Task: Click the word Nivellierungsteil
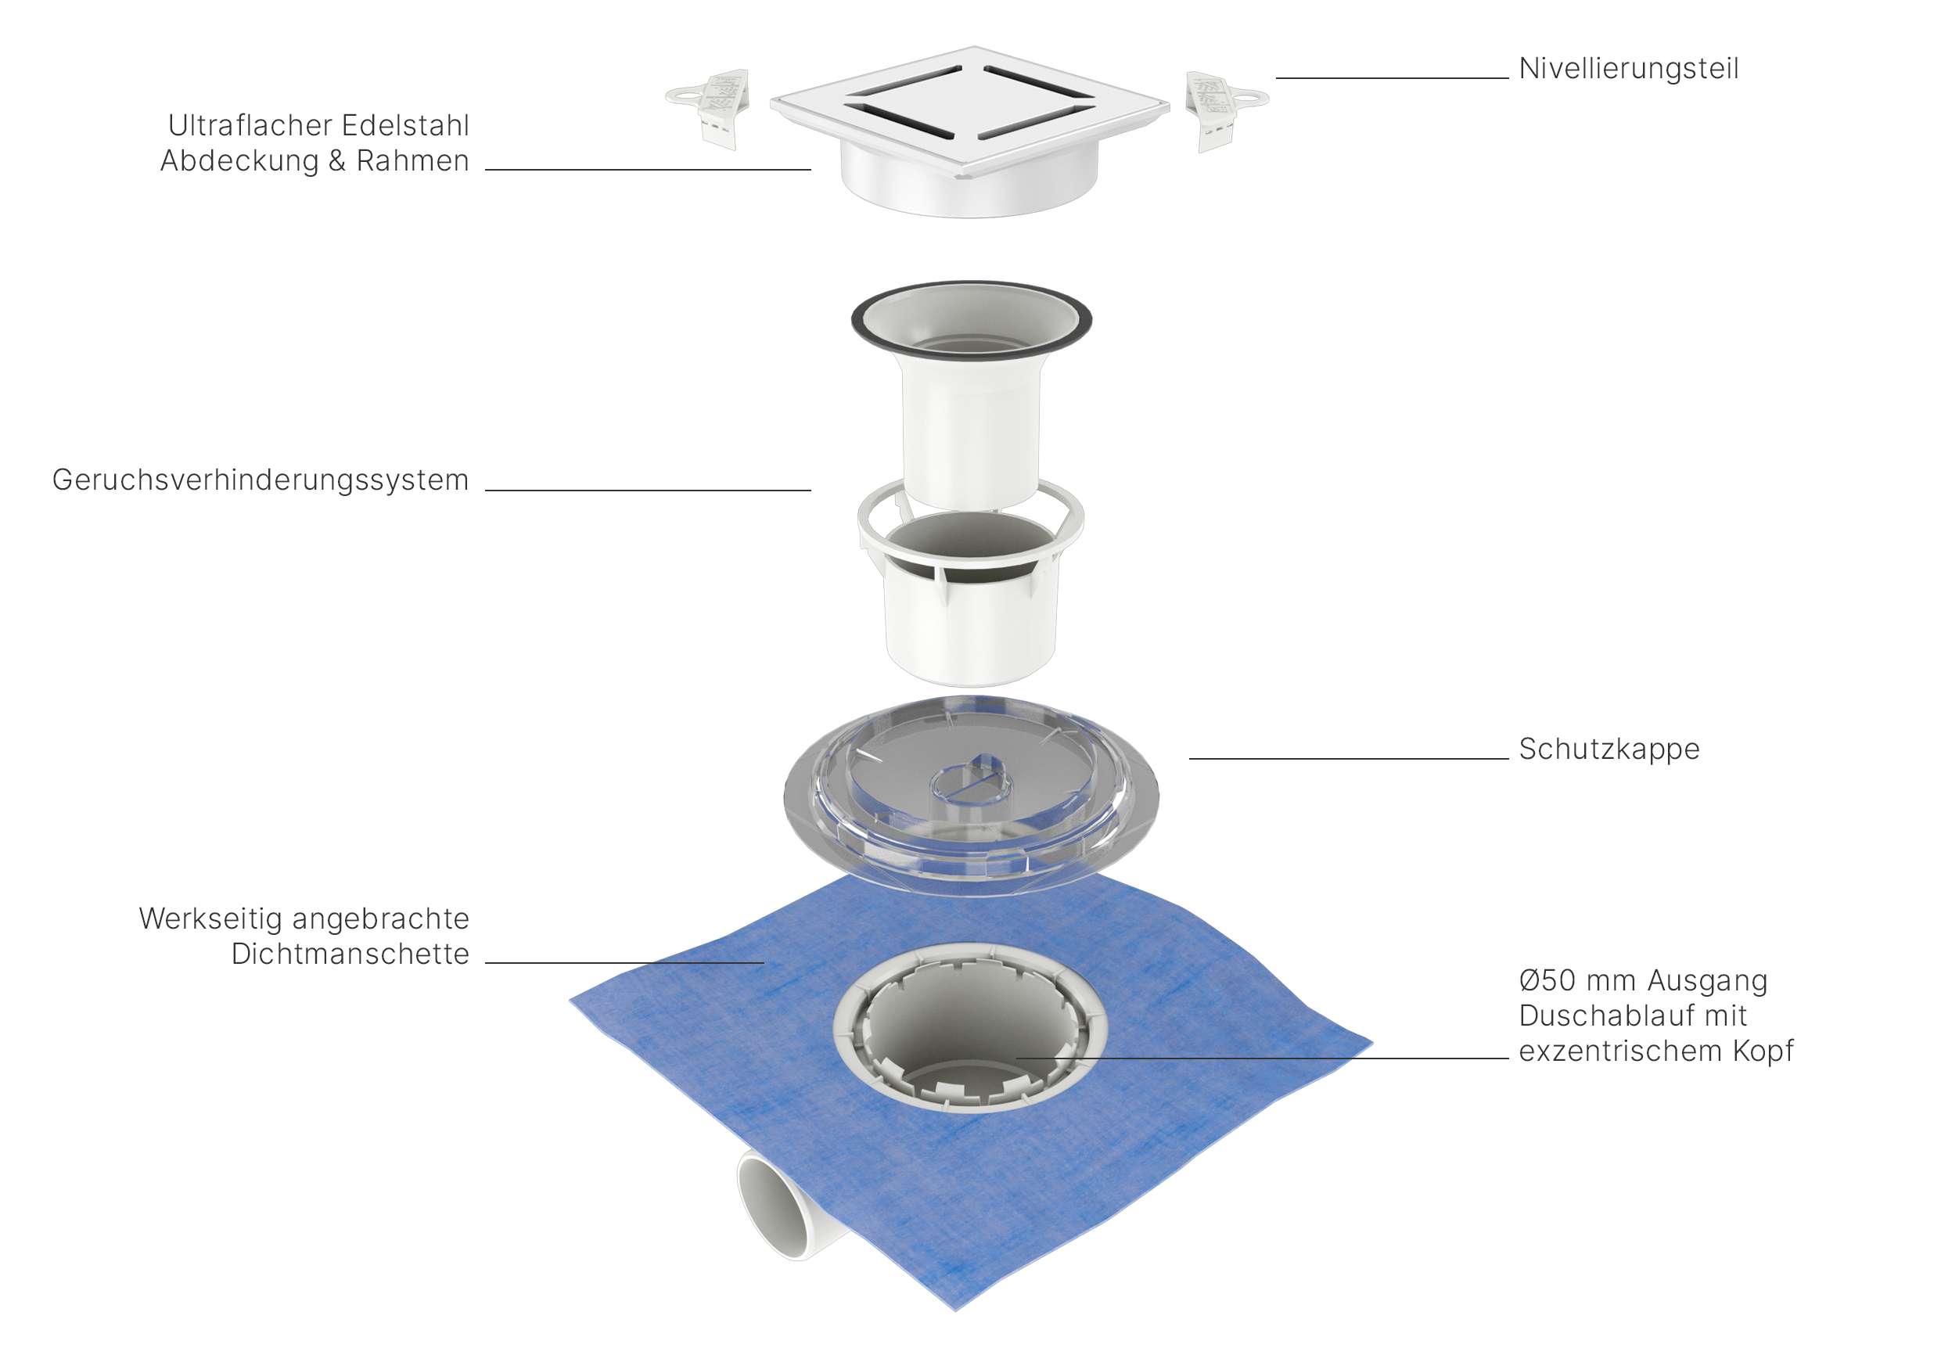(x=1628, y=69)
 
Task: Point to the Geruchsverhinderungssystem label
(x=261, y=480)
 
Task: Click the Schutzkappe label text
(x=1609, y=749)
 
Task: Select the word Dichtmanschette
(x=350, y=954)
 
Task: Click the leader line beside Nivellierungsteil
(x=1392, y=77)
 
